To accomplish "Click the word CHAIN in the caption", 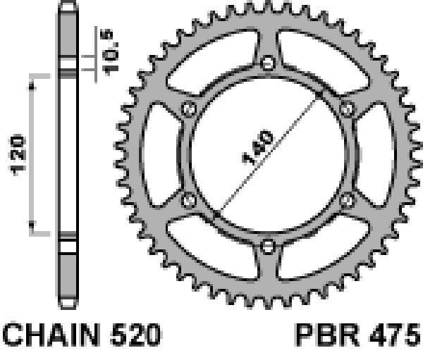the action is [51, 335].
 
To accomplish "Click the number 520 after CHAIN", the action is [135, 335].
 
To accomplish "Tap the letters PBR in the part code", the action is [328, 335].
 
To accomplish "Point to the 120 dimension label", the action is [18, 154].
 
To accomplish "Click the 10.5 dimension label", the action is [109, 52].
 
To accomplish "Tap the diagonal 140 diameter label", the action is [258, 147].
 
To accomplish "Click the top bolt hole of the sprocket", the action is [268, 63].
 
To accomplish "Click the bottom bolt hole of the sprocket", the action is [268, 246].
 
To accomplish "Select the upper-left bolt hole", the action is [188, 109].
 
